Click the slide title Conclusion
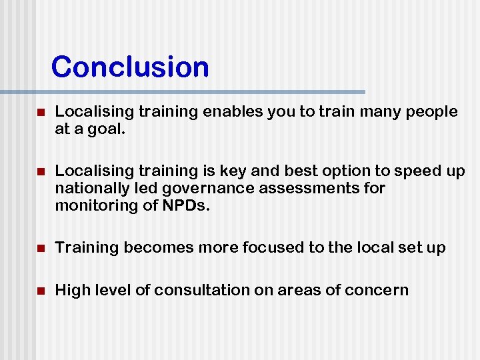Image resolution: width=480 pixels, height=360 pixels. click(x=130, y=67)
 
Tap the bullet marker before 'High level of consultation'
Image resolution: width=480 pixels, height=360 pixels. click(x=41, y=291)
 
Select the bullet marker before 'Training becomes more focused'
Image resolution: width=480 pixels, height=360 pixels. click(x=41, y=249)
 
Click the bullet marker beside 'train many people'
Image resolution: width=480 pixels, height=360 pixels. click(x=41, y=113)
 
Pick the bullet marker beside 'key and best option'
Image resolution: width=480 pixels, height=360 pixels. click(x=41, y=172)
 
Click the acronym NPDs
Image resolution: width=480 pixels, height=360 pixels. click(x=186, y=205)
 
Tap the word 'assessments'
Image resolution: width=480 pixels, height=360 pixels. click(x=304, y=189)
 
